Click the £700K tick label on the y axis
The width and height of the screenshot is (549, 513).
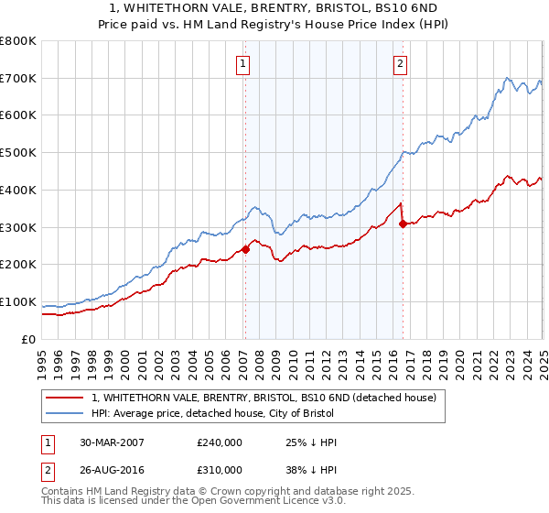tap(18, 78)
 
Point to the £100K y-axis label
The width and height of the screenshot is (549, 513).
tap(18, 301)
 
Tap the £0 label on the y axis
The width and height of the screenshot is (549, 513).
tap(28, 339)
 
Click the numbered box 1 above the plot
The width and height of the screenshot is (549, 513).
tap(243, 63)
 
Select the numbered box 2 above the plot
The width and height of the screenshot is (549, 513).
tap(401, 63)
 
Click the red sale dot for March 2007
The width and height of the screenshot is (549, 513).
tap(245, 249)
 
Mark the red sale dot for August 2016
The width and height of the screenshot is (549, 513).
tap(404, 224)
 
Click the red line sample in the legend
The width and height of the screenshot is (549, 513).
tap(66, 398)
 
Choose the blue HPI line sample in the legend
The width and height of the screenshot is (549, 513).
tap(66, 413)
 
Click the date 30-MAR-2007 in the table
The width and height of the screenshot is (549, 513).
tap(112, 442)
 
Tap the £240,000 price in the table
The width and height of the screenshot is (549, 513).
tap(220, 442)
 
